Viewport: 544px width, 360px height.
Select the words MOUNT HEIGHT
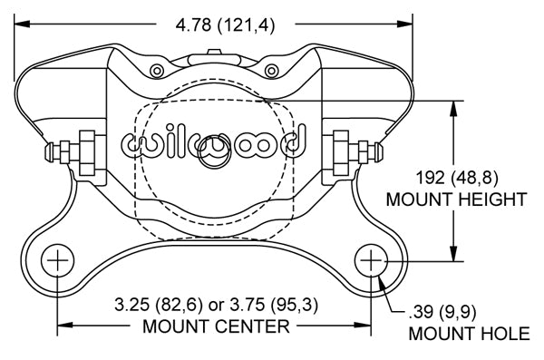(456, 199)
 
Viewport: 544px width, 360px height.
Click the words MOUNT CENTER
(216, 326)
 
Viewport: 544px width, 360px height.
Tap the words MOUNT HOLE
(469, 334)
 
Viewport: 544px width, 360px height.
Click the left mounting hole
(58, 260)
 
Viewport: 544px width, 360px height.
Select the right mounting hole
(371, 260)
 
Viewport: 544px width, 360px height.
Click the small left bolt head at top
(157, 71)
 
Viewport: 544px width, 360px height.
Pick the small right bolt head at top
(272, 71)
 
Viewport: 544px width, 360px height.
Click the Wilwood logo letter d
(294, 141)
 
